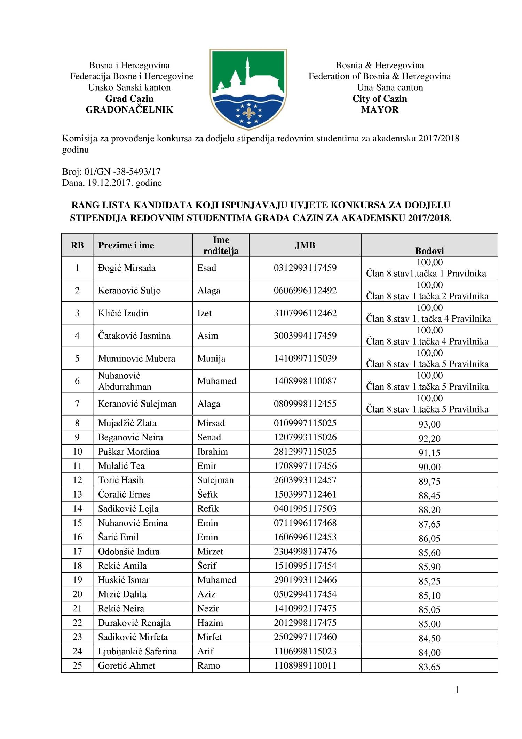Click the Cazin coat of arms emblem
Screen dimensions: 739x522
[248, 89]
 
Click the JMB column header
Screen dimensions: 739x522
[305, 245]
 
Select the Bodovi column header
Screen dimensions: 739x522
[429, 251]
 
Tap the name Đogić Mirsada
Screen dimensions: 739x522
[127, 268]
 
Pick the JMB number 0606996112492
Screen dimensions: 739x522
[305, 290]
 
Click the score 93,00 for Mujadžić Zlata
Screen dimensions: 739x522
[429, 424]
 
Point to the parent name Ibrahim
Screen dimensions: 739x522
[212, 452]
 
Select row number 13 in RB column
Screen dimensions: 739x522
[77, 494]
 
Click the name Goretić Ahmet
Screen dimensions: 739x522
[127, 665]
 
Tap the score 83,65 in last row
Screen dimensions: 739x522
[429, 667]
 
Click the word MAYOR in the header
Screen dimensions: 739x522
[380, 109]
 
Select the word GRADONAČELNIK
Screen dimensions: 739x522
[129, 109]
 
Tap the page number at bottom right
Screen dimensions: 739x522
[457, 690]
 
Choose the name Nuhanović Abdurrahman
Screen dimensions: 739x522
[125, 381]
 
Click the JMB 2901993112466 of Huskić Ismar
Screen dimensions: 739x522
[305, 580]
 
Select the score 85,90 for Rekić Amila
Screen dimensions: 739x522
[429, 567]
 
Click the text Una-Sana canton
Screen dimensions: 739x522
[390, 87]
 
